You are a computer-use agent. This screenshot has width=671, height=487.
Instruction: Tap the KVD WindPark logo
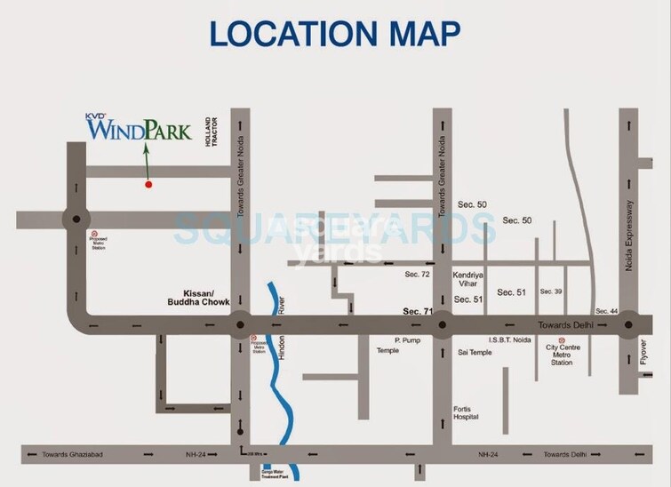140,130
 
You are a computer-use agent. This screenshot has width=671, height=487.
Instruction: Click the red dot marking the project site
148,184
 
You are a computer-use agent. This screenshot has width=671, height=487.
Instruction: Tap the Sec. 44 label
607,310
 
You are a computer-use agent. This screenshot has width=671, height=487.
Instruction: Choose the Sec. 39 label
551,291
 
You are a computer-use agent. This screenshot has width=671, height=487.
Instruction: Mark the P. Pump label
406,339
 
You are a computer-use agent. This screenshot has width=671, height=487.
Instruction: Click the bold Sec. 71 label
416,311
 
